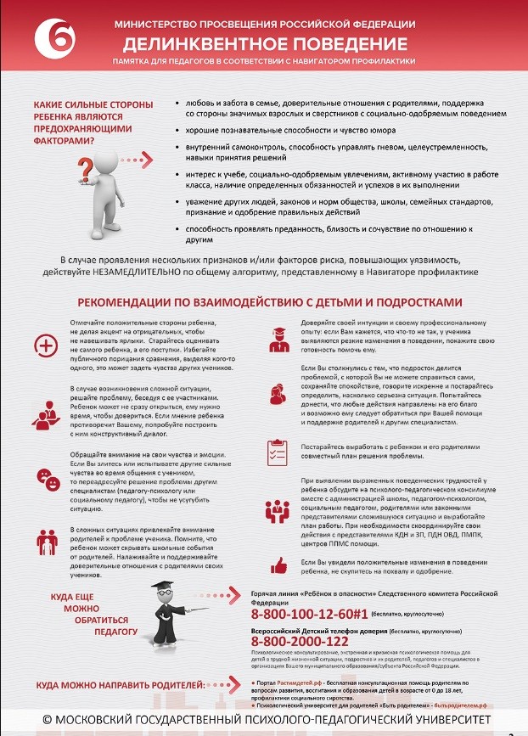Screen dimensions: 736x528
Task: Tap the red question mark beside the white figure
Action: pyautogui.click(x=85, y=163)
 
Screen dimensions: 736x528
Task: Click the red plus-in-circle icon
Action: pyautogui.click(x=43, y=344)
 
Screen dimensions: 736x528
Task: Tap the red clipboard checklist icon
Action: pyautogui.click(x=276, y=450)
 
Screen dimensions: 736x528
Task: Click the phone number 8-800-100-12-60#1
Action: pyautogui.click(x=309, y=613)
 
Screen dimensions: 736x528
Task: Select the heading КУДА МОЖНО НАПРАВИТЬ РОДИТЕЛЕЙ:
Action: pyautogui.click(x=120, y=684)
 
